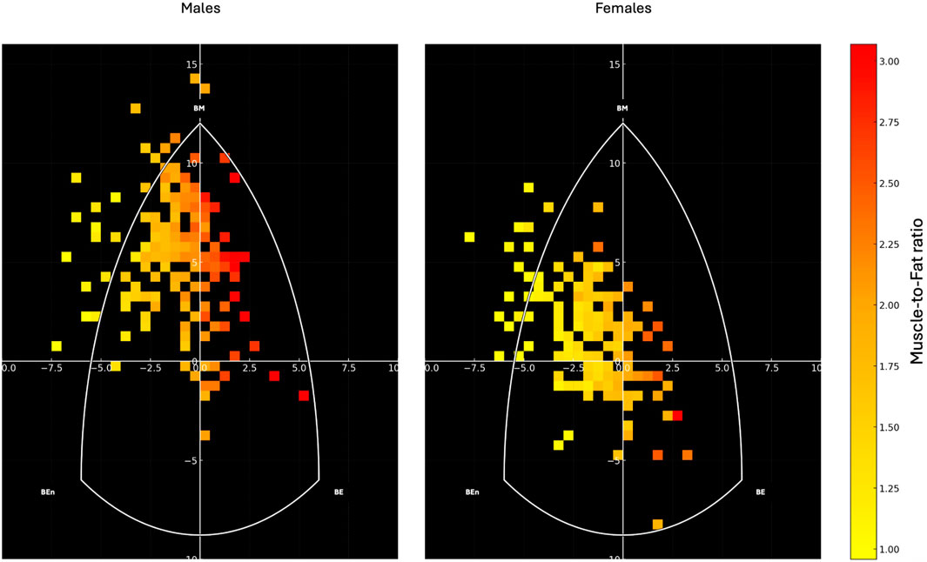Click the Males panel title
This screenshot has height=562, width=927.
click(200, 9)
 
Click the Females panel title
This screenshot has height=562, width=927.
click(623, 9)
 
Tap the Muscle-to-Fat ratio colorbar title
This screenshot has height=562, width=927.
click(917, 301)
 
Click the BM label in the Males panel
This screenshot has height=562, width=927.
click(199, 108)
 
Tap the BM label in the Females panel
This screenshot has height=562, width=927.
click(622, 108)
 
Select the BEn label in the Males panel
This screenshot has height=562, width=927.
click(48, 492)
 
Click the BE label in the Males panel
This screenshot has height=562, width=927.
click(339, 492)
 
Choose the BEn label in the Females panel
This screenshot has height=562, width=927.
click(471, 492)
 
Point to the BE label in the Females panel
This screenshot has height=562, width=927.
click(761, 492)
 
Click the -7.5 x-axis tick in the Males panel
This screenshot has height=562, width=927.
click(50, 368)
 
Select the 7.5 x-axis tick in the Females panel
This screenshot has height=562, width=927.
click(771, 368)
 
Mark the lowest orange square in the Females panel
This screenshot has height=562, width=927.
click(657, 525)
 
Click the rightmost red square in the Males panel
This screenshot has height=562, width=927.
click(304, 396)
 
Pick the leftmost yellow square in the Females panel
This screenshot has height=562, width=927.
click(470, 237)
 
